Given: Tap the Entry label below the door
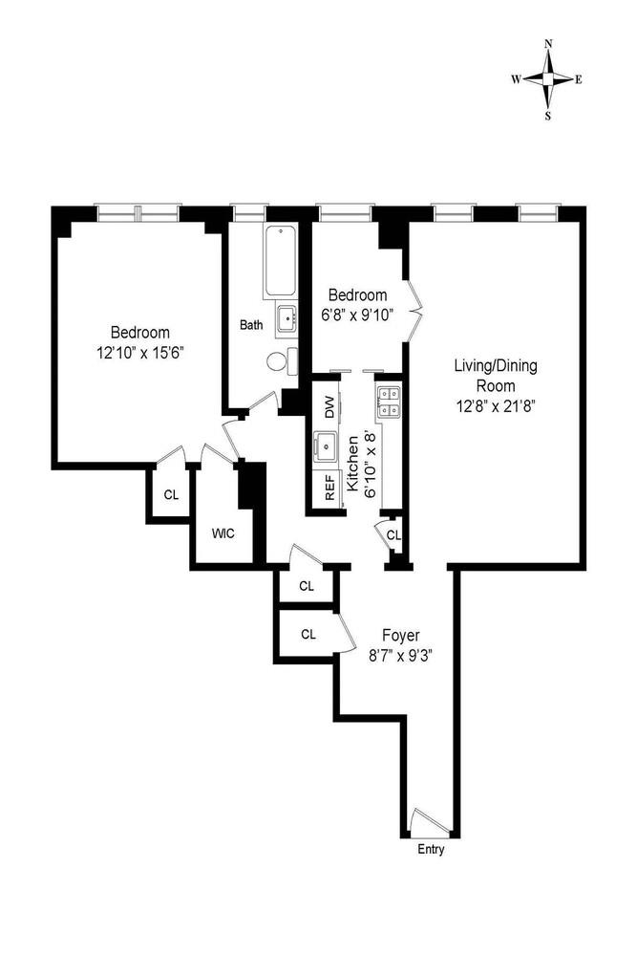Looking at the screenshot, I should (431, 850).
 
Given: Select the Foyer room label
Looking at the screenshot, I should (400, 635).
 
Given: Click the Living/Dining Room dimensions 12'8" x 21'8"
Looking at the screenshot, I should (496, 404).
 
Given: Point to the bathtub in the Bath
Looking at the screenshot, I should (281, 260).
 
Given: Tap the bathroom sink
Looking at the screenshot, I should (286, 318).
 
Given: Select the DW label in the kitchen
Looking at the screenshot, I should (329, 407).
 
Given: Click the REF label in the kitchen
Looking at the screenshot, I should (329, 491).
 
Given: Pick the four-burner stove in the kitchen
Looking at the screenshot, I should (389, 402).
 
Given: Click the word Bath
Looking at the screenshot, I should (251, 325).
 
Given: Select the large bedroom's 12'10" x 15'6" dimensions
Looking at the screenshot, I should (140, 352).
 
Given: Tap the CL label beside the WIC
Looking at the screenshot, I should (171, 495).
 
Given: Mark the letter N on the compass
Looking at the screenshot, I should (548, 44).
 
